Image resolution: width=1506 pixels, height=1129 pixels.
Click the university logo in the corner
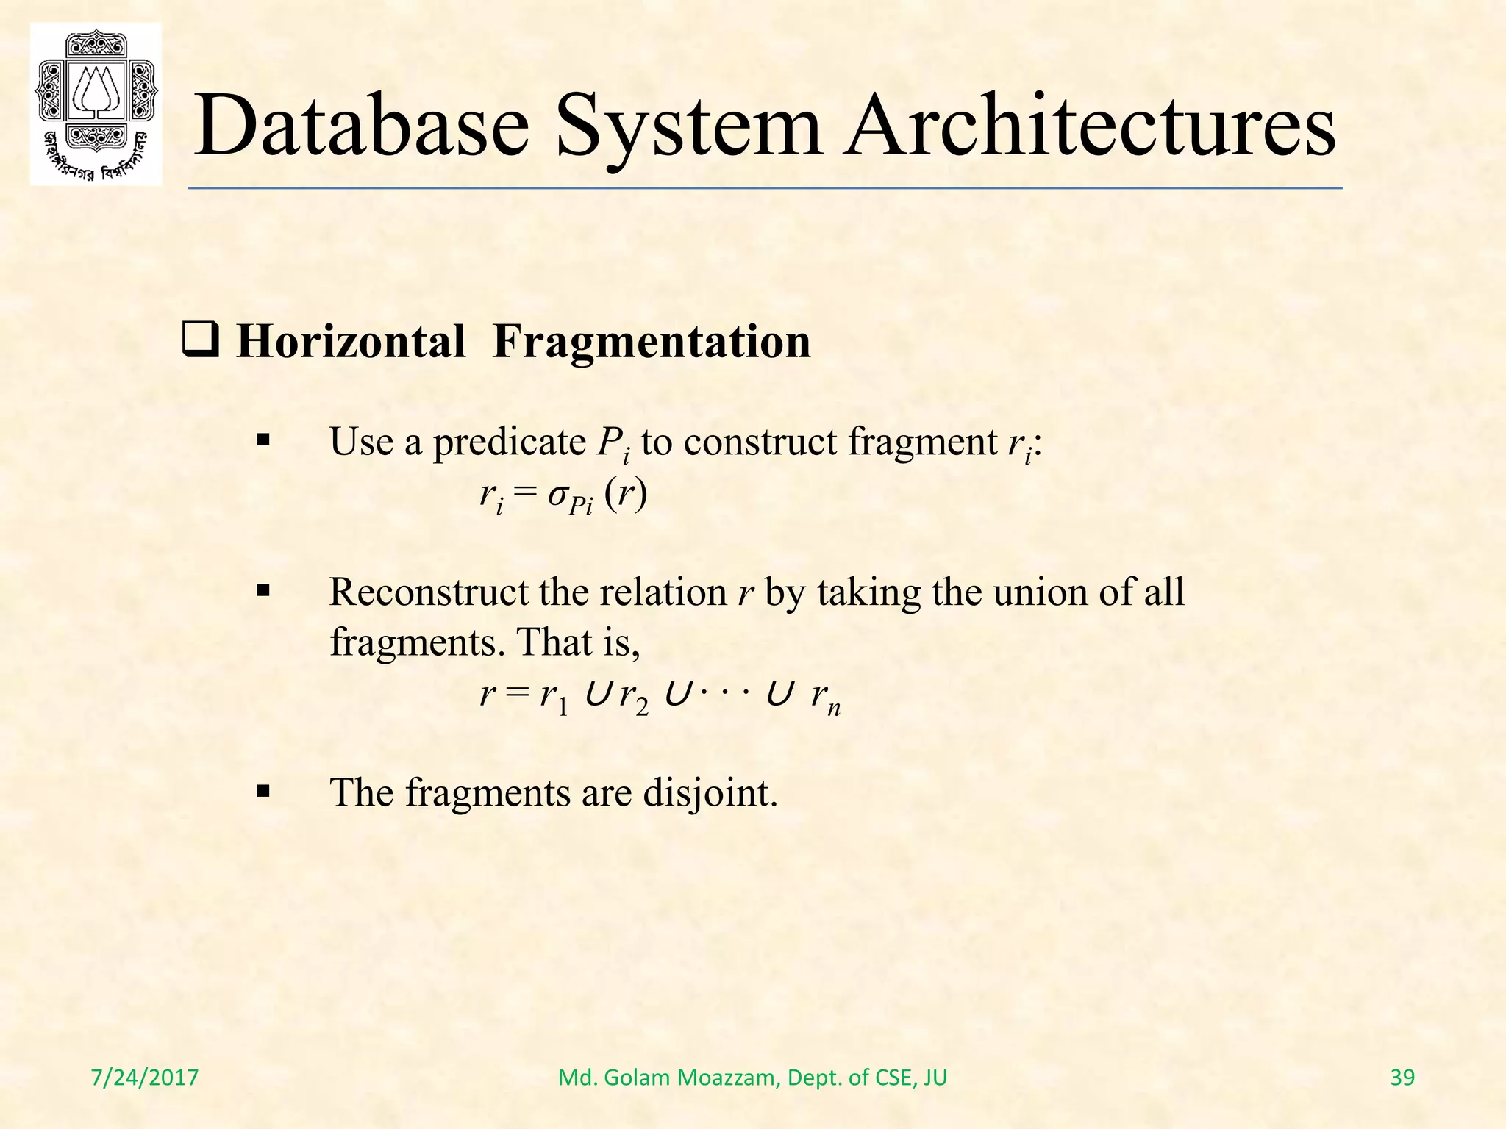pyautogui.click(x=96, y=104)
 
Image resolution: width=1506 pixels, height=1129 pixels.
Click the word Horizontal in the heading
pyautogui.click(x=351, y=342)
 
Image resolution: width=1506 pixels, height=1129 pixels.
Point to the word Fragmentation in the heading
pyautogui.click(x=652, y=342)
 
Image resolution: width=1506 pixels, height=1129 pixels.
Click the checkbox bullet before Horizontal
pyautogui.click(x=200, y=343)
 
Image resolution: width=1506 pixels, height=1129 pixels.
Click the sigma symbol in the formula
pyautogui.click(x=557, y=495)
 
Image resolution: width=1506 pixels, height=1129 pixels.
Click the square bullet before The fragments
pyautogui.click(x=263, y=792)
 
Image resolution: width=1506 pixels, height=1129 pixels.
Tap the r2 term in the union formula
pyautogui.click(x=633, y=696)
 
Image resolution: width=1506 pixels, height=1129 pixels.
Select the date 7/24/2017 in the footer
pyautogui.click(x=145, y=1078)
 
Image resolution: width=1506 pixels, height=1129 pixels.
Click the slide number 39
pyautogui.click(x=1402, y=1078)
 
